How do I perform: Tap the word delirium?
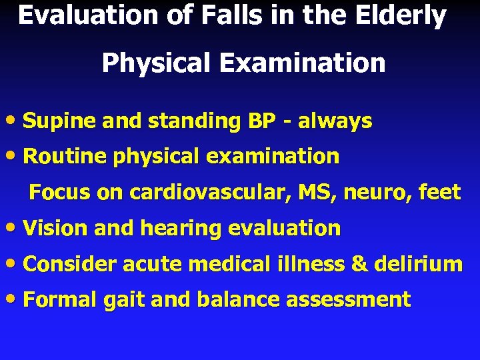click(419, 264)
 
